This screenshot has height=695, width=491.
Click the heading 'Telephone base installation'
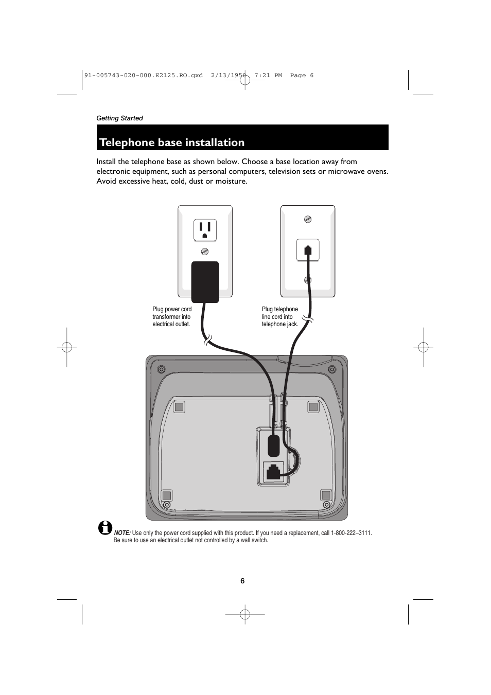pos(172,142)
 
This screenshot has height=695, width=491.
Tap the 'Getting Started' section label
pos(119,118)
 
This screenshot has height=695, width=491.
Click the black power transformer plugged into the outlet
pos(205,281)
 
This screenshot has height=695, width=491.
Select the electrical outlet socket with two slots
pos(205,230)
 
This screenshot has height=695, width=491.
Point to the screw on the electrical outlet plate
pos(204,252)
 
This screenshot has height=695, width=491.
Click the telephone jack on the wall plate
pos(308,251)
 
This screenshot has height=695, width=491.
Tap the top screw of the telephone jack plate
pos(308,219)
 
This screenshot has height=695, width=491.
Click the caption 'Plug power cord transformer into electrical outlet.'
pos(172,317)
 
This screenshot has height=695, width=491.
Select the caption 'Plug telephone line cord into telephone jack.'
pos(280,317)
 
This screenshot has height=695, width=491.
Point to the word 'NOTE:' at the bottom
pos(122,533)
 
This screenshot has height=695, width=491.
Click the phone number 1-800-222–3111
pos(351,533)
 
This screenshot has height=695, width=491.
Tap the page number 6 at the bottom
pos(242,581)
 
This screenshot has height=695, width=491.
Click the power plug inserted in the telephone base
pos(274,445)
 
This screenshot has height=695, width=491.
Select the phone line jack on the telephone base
pos(273,472)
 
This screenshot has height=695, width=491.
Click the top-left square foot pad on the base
pos(179,407)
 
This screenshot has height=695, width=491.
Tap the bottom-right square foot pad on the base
pos(325,495)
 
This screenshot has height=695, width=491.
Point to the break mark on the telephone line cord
pos(307,320)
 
